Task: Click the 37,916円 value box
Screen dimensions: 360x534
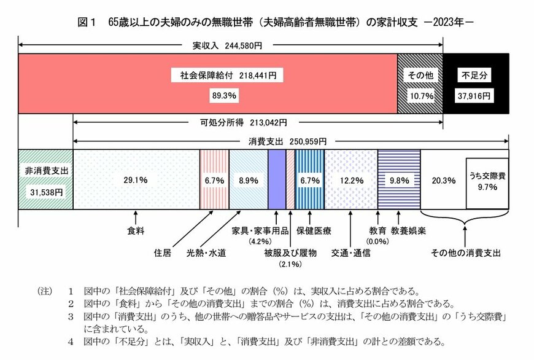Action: [x=476, y=96]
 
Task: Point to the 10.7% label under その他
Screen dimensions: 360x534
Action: [x=421, y=96]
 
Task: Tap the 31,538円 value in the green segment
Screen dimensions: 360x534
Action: [x=45, y=192]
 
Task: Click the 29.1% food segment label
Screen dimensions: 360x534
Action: [x=136, y=181]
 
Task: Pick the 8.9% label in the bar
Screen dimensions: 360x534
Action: [x=249, y=181]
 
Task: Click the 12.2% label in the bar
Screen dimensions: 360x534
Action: [x=351, y=181]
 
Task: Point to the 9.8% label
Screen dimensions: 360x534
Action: [x=399, y=181]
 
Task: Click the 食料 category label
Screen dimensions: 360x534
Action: [x=136, y=231]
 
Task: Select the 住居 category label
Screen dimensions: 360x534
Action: [x=163, y=252]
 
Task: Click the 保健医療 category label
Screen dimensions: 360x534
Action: [x=314, y=231]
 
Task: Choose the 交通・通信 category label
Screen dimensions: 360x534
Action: [x=350, y=252]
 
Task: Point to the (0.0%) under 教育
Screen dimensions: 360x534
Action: [x=377, y=241]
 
